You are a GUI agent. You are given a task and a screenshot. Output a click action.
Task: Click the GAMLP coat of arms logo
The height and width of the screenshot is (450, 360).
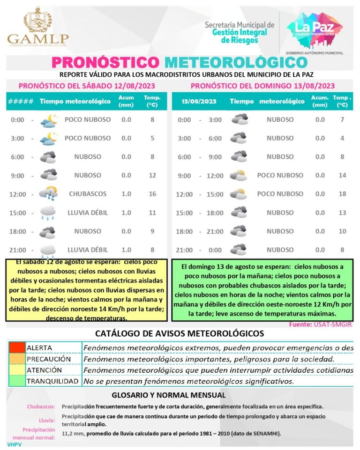pyautogui.click(x=38, y=21)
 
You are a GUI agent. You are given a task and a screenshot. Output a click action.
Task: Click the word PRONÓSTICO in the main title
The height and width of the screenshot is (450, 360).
pyautogui.click(x=105, y=62)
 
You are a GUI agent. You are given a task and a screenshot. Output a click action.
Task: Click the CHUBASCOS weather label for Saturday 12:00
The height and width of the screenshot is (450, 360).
pyautogui.click(x=88, y=194)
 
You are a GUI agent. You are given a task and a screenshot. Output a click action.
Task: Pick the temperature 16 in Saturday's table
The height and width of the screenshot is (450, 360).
pyautogui.click(x=152, y=194)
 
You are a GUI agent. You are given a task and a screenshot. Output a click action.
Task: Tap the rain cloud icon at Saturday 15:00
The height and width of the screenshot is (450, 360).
pyautogui.click(x=48, y=213)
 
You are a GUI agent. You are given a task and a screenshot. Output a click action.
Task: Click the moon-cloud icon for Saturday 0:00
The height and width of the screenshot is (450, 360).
pyautogui.click(x=49, y=120)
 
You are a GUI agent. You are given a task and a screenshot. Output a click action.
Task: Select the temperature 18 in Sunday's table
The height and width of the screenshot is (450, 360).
pyautogui.click(x=342, y=194)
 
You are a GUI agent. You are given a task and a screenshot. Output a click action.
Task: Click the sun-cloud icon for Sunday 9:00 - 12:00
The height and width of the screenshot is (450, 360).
pyautogui.click(x=239, y=176)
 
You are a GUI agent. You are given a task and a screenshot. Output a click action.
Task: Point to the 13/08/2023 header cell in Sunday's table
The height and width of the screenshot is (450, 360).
pyautogui.click(x=201, y=101)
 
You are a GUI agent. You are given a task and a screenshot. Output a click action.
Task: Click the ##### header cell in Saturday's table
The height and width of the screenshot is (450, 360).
pyautogui.click(x=21, y=101)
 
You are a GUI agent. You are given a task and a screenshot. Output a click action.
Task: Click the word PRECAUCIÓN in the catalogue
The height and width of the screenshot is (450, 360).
pyautogui.click(x=49, y=359)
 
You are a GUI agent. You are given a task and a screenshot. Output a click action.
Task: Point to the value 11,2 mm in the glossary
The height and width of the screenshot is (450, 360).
pyautogui.click(x=73, y=434)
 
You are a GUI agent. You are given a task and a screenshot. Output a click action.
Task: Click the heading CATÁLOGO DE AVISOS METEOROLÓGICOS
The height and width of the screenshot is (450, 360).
pyautogui.click(x=180, y=333)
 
